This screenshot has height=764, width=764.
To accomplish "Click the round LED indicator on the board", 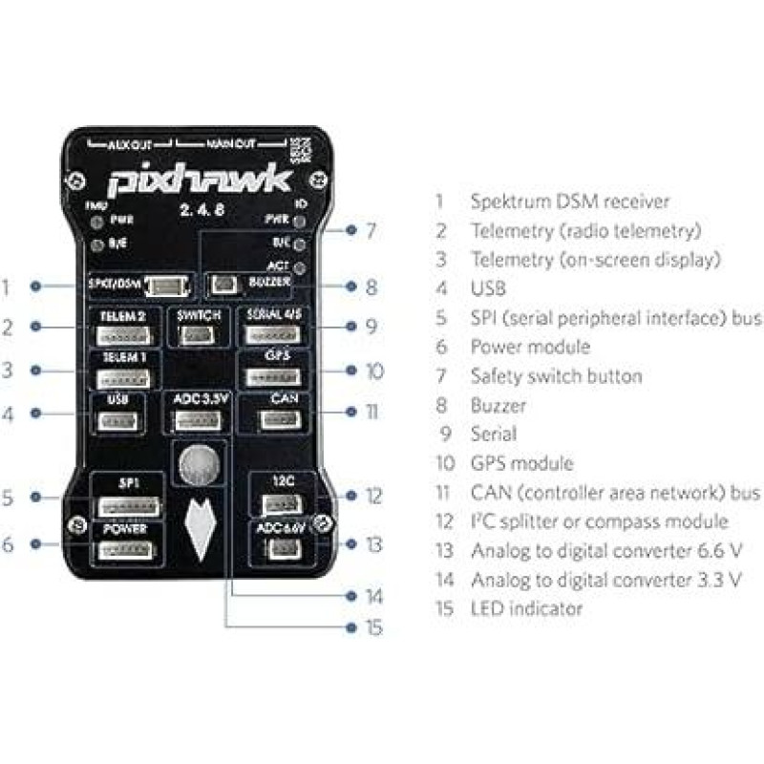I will click(199, 465).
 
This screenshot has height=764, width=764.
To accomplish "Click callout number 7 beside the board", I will click(371, 230).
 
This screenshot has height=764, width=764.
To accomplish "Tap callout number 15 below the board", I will click(372, 627).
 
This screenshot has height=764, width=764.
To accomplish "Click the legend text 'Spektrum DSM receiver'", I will click(570, 201).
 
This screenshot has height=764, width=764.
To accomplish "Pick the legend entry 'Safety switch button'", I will click(556, 376).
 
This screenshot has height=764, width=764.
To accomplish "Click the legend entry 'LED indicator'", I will click(526, 607).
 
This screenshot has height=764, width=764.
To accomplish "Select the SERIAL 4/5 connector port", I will click(276, 335).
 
